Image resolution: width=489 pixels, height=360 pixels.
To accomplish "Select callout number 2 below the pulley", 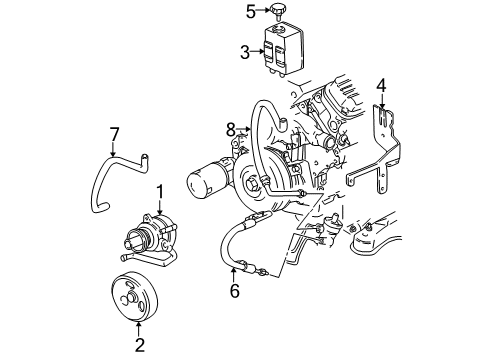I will [140, 346].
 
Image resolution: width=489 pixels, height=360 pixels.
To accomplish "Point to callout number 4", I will [381, 87].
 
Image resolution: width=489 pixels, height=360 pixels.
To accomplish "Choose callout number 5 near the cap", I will [252, 12].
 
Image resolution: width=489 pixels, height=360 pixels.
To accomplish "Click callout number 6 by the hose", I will [234, 293].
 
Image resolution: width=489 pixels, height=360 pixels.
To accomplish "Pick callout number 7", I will [114, 133].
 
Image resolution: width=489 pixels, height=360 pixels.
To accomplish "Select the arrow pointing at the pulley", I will [140, 328].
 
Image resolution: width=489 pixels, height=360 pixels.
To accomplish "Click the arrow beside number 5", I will [264, 12].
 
